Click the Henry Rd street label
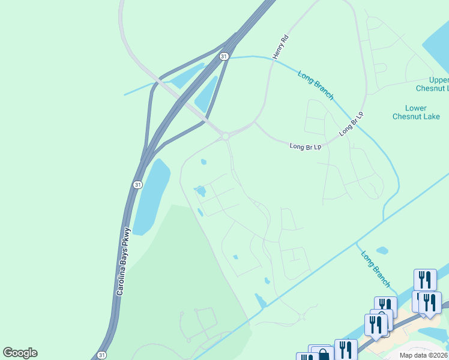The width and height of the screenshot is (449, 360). (281, 46)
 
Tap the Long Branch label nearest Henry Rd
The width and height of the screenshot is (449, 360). (316, 84)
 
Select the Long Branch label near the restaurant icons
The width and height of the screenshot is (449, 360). (376, 269)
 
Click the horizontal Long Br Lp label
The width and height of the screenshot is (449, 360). (306, 146)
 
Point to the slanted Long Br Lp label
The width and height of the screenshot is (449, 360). (352, 123)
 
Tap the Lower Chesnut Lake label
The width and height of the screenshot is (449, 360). (415, 112)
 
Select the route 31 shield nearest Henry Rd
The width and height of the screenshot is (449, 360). (224, 56)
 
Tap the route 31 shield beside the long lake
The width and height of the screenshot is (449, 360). (138, 185)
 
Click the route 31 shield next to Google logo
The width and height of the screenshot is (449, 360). (101, 355)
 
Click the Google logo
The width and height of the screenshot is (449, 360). (20, 353)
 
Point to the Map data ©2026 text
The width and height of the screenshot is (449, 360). (423, 355)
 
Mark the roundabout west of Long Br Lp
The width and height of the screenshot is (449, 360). (226, 137)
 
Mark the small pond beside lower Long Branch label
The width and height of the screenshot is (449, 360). (382, 250)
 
